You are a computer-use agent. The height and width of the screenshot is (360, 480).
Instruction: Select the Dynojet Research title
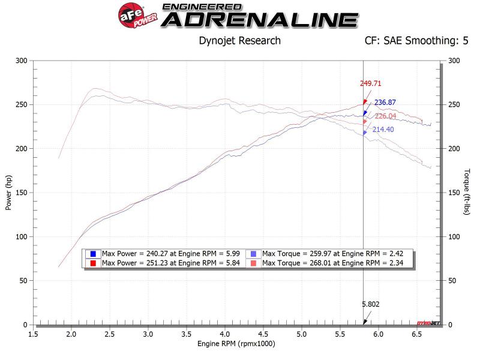click(239, 41)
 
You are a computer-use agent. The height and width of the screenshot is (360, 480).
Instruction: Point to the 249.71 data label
click(371, 84)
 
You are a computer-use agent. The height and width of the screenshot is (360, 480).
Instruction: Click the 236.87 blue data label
click(385, 103)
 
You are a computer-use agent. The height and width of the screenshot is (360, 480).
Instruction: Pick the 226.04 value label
click(386, 116)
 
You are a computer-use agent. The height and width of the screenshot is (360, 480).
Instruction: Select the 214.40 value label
click(383, 129)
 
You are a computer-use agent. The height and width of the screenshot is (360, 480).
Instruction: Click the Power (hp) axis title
click(8, 193)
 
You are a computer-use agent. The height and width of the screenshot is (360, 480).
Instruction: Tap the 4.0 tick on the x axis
click(224, 334)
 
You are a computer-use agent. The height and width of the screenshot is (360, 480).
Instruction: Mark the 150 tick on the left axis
click(22, 193)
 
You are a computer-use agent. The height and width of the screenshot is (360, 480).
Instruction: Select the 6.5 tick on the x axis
click(416, 334)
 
